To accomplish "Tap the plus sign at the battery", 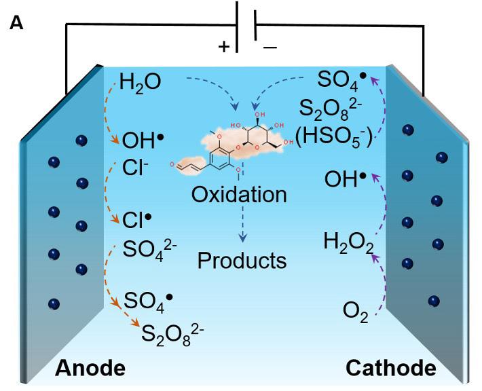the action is [223, 47].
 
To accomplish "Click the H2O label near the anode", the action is [140, 84].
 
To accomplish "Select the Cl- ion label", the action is [136, 166].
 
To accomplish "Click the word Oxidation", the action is [239, 195].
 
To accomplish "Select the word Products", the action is [242, 260].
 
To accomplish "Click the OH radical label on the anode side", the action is [143, 141].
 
